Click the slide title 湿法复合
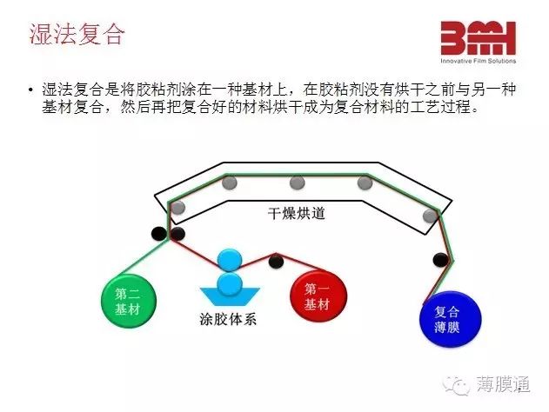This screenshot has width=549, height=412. coord(77,34)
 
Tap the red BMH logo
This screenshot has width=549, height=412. coord(478,37)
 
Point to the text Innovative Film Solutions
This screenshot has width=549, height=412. coord(478,61)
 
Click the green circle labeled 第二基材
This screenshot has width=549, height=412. coord(129,301)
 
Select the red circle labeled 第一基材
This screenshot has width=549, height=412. coord(318,296)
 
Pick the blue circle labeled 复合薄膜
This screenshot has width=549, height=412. coord(451,319)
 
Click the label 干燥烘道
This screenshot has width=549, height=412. coord(297,213)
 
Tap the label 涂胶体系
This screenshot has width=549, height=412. coord(228,319)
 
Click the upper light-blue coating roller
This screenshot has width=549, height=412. coord(230,260)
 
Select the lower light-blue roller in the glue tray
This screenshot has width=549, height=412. coord(230,285)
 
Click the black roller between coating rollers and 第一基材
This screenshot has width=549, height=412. coord(276,261)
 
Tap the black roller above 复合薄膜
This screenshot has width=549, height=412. coord(440,260)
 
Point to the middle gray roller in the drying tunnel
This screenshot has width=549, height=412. coord(298,183)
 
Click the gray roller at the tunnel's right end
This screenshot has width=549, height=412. coord(431,216)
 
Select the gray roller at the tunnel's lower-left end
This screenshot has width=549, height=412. coord(177,208)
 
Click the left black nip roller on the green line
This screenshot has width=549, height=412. coord(158,233)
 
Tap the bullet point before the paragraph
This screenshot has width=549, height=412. coord(31,90)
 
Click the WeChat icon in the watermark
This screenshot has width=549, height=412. coord(456,385)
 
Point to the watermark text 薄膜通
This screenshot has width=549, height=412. coord(503,384)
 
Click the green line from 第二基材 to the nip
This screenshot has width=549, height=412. coord(144,256)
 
